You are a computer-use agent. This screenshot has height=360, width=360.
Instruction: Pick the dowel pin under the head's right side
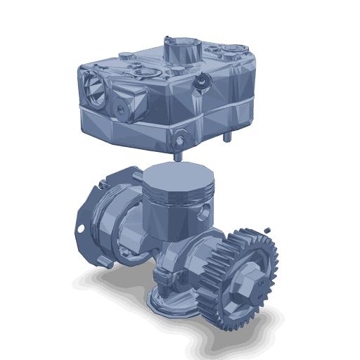(x=227, y=137)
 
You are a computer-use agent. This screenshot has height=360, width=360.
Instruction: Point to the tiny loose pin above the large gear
(x=268, y=230)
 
